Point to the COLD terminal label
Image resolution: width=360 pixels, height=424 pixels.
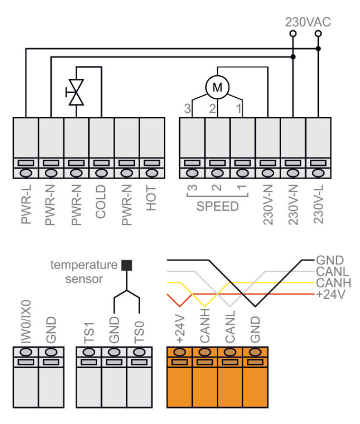pyautogui.click(x=102, y=201)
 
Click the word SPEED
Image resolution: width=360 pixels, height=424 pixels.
pyautogui.click(x=217, y=206)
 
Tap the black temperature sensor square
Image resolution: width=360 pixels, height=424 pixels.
pyautogui.click(x=125, y=265)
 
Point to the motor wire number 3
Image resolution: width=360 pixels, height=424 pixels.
pyautogui.click(x=187, y=109)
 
